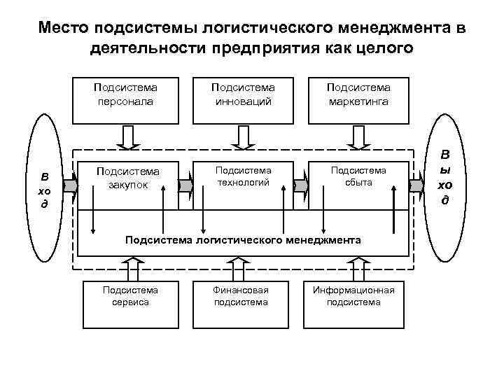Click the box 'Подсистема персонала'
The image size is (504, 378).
[126, 96]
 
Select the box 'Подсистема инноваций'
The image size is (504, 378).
[243, 96]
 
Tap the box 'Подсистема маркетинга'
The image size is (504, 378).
[358, 96]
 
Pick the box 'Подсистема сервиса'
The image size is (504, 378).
[130, 302]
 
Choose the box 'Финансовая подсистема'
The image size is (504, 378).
[241, 302]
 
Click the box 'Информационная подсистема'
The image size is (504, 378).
[353, 302]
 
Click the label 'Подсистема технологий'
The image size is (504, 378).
[242, 176]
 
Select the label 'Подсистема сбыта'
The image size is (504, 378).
[358, 176]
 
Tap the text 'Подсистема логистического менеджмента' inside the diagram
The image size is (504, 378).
[243, 240]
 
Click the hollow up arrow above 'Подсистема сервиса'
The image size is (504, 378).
[132, 269]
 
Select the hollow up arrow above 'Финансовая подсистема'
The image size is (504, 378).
[242, 269]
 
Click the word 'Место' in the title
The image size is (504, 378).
[63, 28]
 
